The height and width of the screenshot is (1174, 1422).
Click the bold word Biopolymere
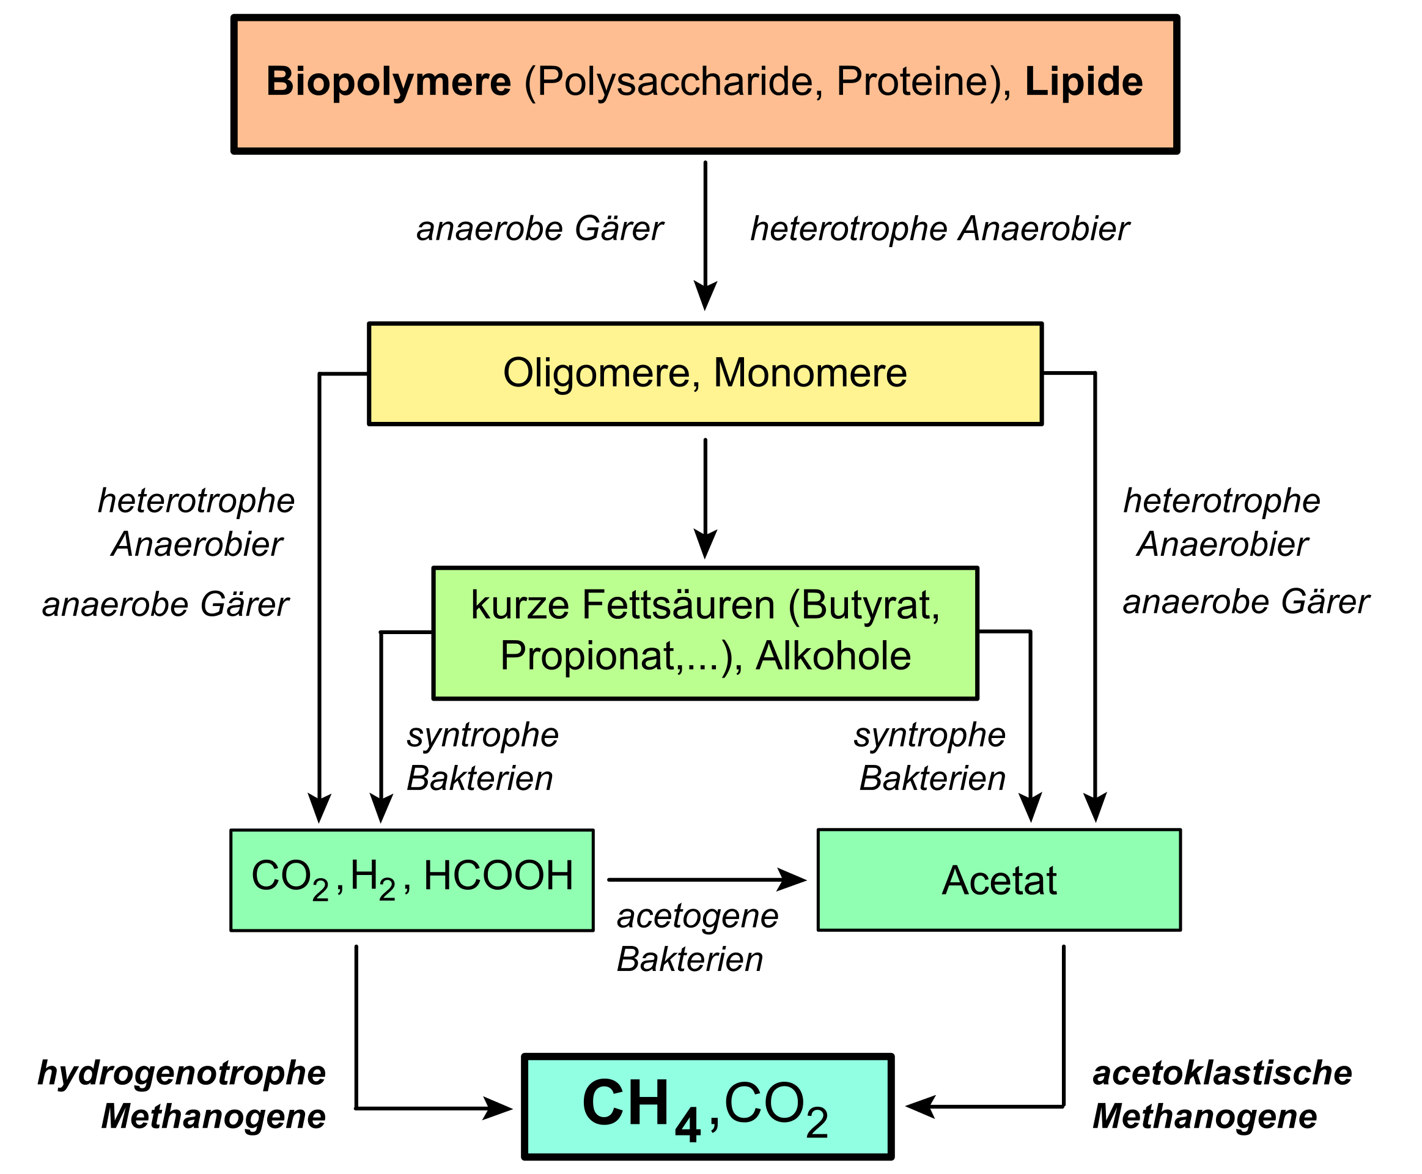point(388,83)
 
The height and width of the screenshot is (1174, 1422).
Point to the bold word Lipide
point(1084,83)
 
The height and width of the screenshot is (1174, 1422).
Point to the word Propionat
point(587,656)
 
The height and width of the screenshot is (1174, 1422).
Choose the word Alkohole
point(833,656)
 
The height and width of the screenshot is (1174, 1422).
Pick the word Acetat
point(999,880)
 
